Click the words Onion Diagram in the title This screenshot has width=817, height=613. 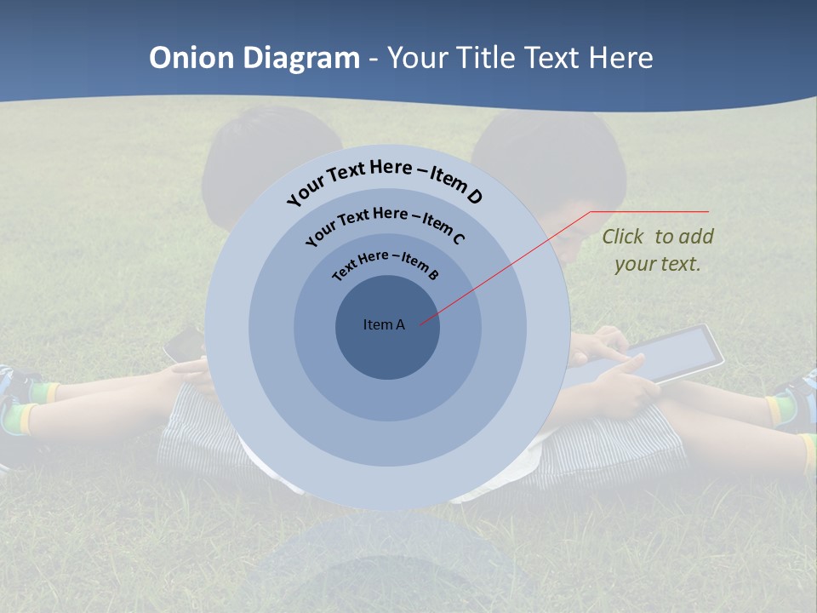(254, 58)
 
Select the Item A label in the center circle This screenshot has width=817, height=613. (384, 324)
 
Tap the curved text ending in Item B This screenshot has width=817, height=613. (386, 265)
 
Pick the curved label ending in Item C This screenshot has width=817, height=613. (385, 225)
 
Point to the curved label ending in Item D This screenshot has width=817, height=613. (385, 181)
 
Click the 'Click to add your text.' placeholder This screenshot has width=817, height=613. (658, 250)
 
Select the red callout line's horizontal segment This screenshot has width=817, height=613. (649, 211)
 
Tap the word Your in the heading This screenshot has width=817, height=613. (420, 58)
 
